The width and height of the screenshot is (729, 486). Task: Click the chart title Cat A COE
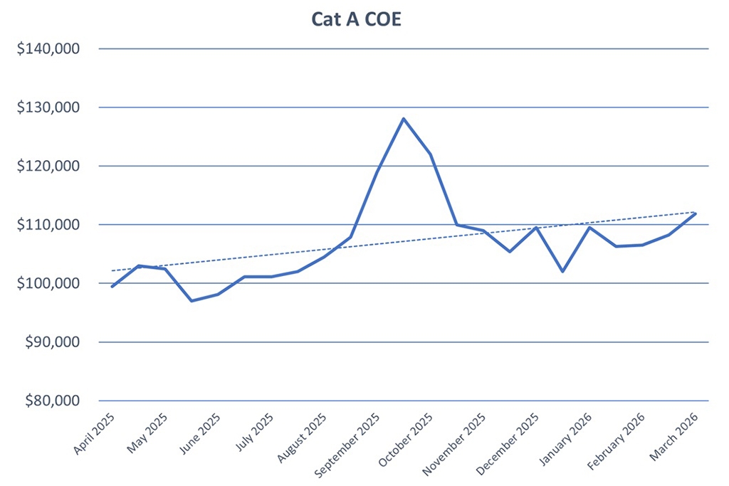pyautogui.click(x=357, y=20)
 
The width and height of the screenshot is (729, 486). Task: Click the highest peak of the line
pyautogui.click(x=404, y=119)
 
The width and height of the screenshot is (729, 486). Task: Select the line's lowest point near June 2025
pyautogui.click(x=192, y=301)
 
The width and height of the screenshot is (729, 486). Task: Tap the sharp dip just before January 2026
pyautogui.click(x=562, y=272)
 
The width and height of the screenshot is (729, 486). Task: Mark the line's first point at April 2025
pyautogui.click(x=112, y=286)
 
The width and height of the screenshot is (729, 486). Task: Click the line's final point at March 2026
pyautogui.click(x=695, y=213)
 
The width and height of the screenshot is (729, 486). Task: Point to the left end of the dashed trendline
pyautogui.click(x=112, y=270)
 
